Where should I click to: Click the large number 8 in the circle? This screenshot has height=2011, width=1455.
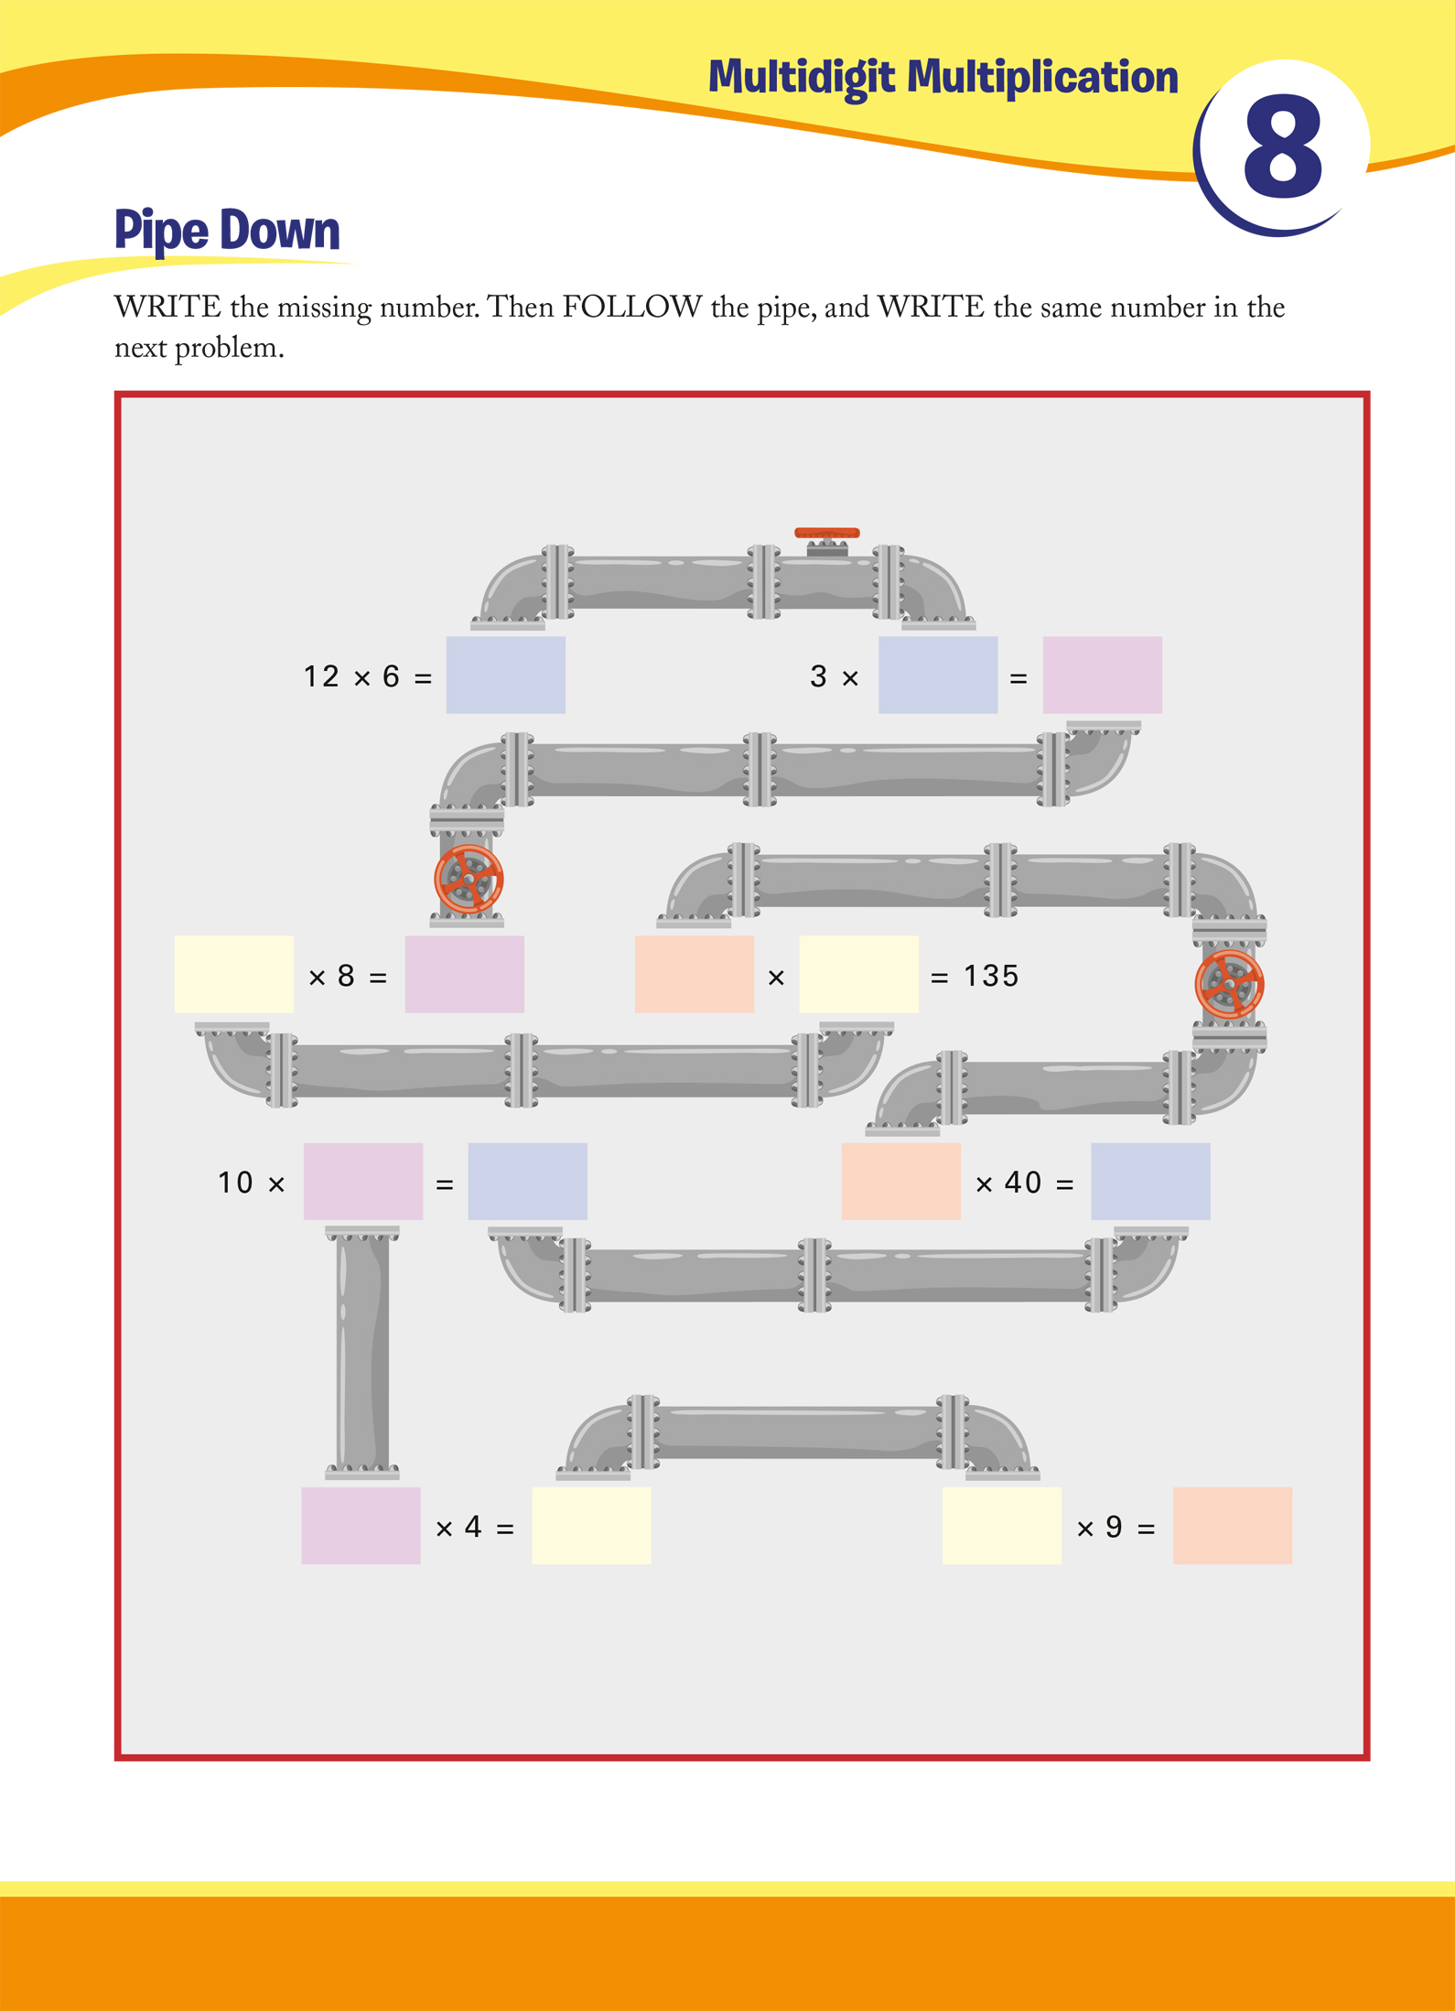coord(1283,149)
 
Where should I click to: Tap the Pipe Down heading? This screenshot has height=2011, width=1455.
coord(227,231)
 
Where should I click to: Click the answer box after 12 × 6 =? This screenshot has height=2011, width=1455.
coord(505,675)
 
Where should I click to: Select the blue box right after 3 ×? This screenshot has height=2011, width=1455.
coord(938,675)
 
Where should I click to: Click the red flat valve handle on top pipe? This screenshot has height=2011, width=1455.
coord(826,533)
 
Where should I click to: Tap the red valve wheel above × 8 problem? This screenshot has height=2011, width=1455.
coord(469,879)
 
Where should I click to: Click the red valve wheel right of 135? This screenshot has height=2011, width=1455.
coord(1230,984)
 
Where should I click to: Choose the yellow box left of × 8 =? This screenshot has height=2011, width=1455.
coord(233,974)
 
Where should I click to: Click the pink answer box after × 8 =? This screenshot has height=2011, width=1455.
coord(464,974)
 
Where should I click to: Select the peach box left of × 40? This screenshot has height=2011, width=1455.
coord(900,1181)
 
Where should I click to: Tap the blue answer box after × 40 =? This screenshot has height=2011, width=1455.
coord(1150,1181)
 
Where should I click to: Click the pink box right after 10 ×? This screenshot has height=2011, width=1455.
coord(363,1181)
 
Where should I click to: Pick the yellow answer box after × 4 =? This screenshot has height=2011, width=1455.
coord(591,1525)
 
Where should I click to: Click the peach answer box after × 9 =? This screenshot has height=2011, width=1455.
coord(1233,1525)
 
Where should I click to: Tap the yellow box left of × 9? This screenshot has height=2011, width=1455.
coord(1002,1525)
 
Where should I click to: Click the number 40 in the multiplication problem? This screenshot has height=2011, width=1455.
coord(1023,1183)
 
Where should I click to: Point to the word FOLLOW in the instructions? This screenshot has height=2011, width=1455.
coord(632,307)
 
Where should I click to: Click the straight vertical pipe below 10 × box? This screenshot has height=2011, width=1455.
coord(362,1352)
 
